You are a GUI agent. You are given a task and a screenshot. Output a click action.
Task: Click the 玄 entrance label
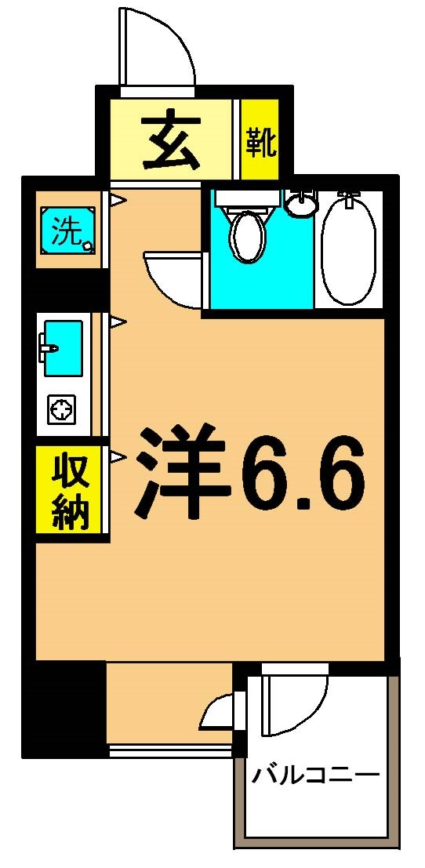coord(170,141)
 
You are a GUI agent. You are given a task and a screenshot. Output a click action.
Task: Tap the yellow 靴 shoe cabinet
coord(260,141)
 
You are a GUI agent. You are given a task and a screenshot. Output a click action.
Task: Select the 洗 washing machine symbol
coord(69,229)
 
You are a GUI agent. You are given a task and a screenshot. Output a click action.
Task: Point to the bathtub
coord(350,249)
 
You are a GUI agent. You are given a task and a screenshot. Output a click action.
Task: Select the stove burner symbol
coord(60,409)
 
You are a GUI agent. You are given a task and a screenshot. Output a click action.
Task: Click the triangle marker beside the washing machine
coord(118,201)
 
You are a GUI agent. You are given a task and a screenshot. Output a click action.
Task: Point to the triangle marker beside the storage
coord(118,456)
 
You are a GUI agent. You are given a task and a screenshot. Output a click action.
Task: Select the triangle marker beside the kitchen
coord(118,321)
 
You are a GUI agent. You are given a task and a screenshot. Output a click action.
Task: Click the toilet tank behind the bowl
coord(247,198)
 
